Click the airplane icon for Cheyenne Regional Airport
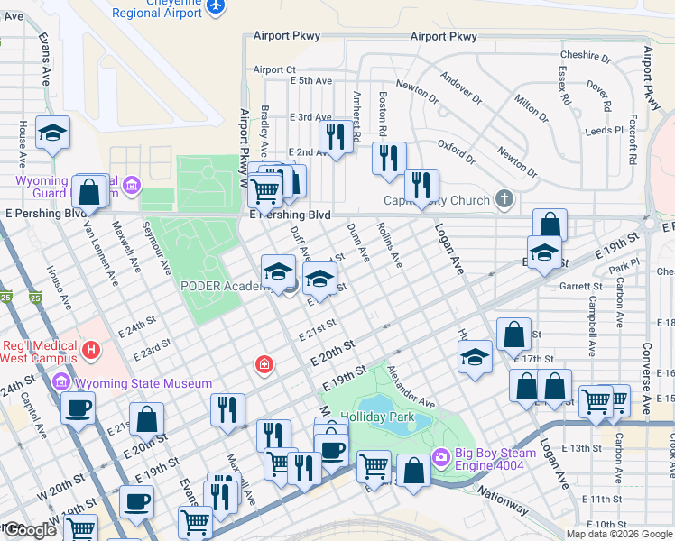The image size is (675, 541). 215,6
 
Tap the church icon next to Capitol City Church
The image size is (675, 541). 504,200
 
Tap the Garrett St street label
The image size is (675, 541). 580,286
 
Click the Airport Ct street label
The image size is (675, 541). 274,69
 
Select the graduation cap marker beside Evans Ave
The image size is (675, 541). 53,133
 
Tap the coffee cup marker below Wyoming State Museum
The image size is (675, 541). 78,408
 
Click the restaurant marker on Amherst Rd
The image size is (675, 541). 336,137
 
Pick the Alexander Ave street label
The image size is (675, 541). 411,386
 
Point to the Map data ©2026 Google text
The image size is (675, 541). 619,534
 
